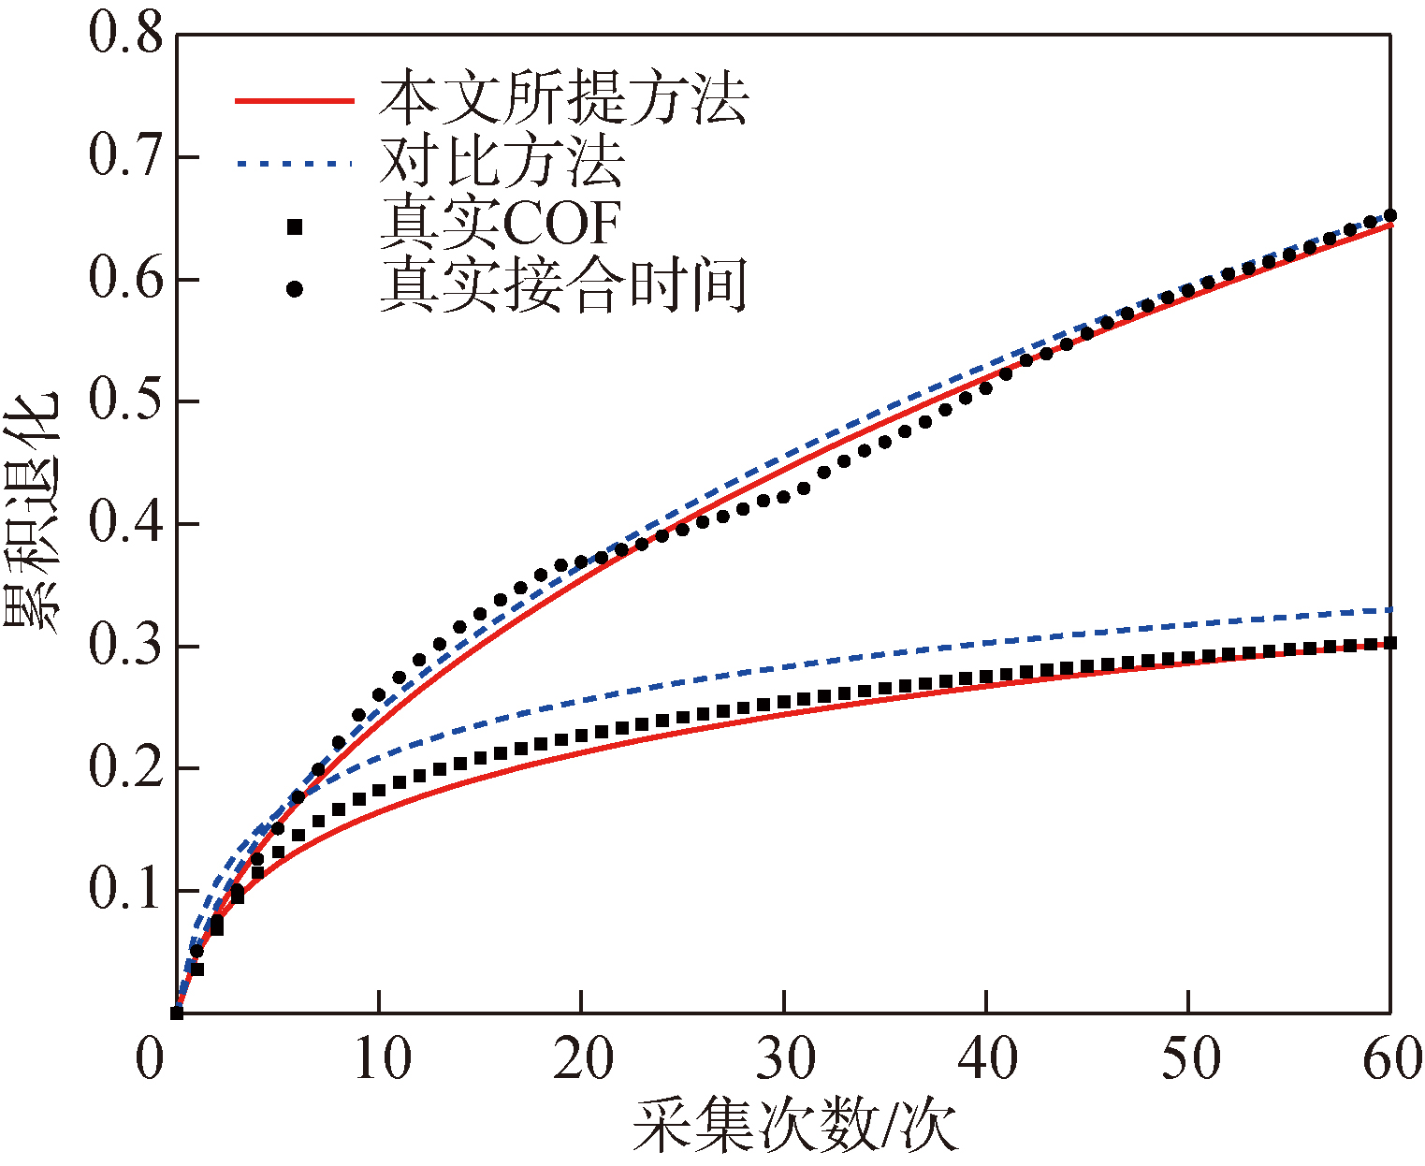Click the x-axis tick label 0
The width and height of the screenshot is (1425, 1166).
click(152, 1059)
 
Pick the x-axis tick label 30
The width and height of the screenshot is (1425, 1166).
click(784, 1059)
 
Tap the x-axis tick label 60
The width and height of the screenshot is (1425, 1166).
click(1391, 1059)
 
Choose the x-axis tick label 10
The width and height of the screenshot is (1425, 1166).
click(379, 1059)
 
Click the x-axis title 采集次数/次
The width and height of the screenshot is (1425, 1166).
click(795, 1126)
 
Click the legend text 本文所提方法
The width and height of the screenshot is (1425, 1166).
click(563, 98)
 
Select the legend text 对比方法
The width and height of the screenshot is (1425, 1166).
click(502, 161)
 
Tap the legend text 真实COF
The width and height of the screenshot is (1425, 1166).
click(501, 224)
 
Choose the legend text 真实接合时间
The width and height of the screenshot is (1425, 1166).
click(563, 286)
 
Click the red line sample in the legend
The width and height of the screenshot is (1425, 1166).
click(294, 100)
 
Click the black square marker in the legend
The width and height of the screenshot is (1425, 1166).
click(295, 226)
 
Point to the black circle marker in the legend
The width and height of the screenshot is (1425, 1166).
click(295, 289)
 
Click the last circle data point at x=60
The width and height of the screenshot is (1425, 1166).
click(1390, 216)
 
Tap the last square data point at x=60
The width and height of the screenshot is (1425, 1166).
click(1390, 643)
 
